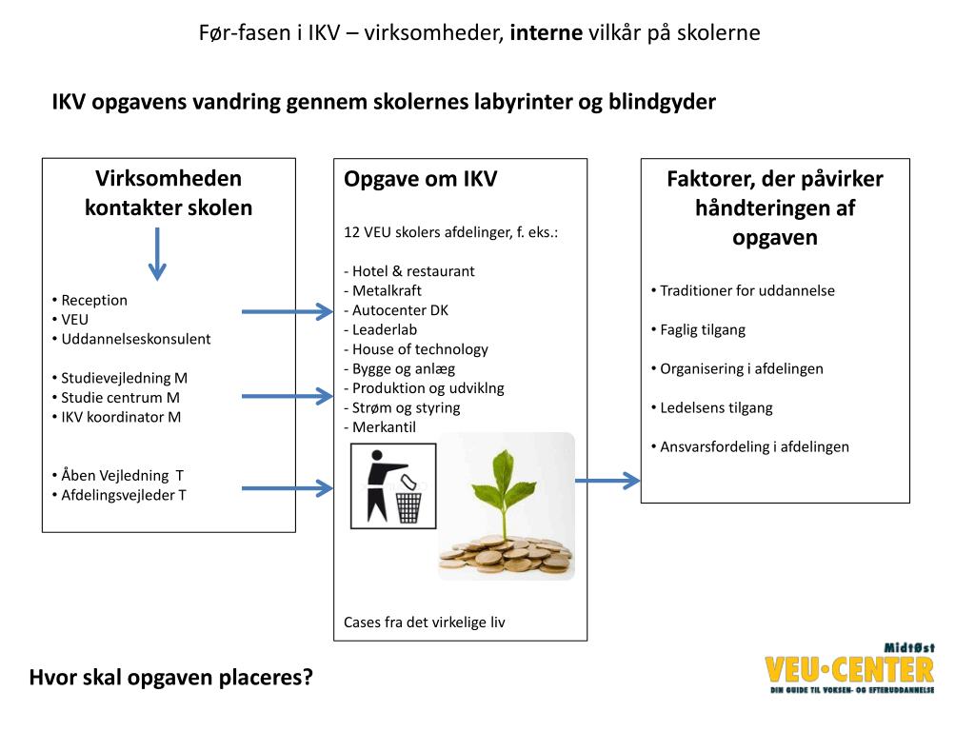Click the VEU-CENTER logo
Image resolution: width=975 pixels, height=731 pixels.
click(849, 668)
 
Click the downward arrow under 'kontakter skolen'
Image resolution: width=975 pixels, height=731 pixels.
click(158, 253)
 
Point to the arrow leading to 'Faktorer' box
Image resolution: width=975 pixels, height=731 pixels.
click(608, 481)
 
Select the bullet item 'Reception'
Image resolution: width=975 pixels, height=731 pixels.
click(94, 300)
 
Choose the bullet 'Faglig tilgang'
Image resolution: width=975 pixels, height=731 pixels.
click(703, 329)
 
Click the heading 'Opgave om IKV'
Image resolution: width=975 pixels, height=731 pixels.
click(420, 179)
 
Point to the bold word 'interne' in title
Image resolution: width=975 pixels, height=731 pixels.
click(547, 33)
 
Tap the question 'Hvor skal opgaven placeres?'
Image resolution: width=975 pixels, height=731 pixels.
click(171, 678)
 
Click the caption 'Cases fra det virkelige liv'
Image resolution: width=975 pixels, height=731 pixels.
click(425, 622)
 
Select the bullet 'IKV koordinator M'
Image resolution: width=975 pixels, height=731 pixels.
click(121, 417)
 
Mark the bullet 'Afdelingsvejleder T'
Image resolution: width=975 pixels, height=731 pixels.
click(124, 495)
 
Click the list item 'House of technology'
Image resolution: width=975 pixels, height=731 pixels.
click(420, 349)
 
